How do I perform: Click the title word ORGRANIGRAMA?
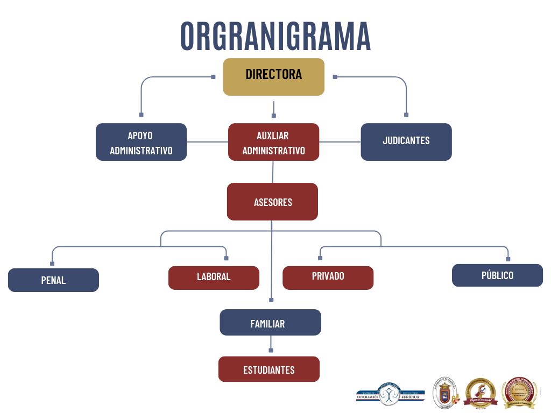point(275,37)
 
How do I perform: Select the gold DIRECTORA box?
point(273,76)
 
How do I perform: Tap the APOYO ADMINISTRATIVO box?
point(141,142)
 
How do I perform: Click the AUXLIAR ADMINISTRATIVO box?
point(273,142)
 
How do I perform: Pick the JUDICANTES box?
point(406,142)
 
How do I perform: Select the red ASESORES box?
point(272,202)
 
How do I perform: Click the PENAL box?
point(53,280)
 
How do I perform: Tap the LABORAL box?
point(214,277)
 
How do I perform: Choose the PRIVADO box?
point(328,277)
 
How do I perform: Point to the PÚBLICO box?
point(497,275)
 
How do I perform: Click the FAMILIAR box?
point(270,323)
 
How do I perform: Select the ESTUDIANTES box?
point(269,369)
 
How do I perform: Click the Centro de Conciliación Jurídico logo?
point(390,395)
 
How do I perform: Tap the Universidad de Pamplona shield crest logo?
point(446,392)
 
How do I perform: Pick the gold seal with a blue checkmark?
point(481,392)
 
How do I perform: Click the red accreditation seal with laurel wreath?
point(520,393)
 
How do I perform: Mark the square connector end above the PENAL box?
point(52,264)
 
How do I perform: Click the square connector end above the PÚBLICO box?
point(508,259)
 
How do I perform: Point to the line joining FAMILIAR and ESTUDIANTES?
point(271,343)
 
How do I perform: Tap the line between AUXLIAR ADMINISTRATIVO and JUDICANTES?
point(340,142)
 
